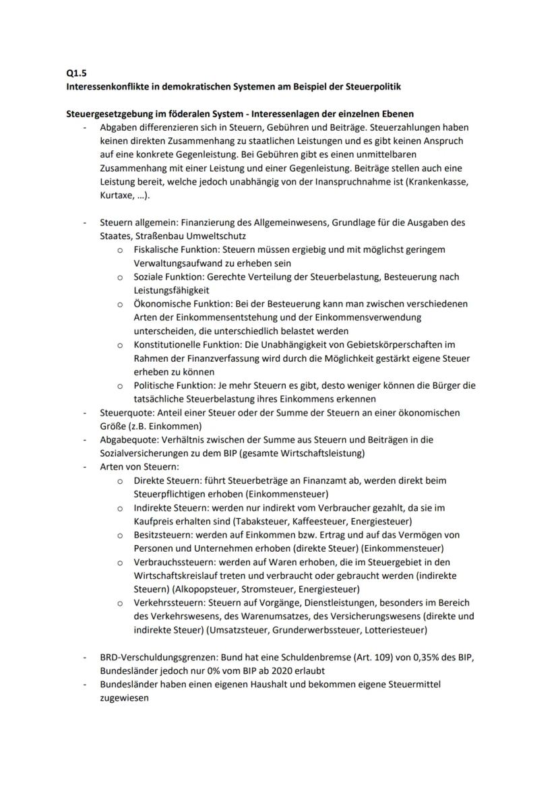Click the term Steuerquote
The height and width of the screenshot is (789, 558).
pyautogui.click(x=125, y=413)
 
